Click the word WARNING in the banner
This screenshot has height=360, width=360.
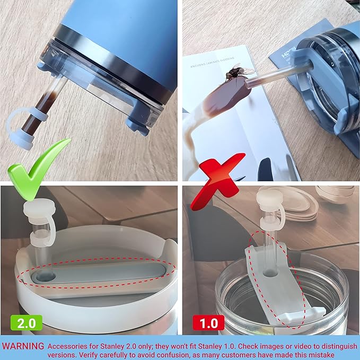[23, 346]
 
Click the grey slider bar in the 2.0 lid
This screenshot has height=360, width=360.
[106, 273]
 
